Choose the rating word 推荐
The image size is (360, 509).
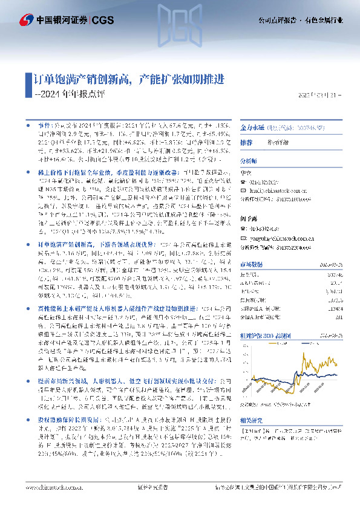[246, 143]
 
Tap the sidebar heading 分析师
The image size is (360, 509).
[249, 162]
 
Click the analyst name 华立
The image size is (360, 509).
[246, 171]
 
